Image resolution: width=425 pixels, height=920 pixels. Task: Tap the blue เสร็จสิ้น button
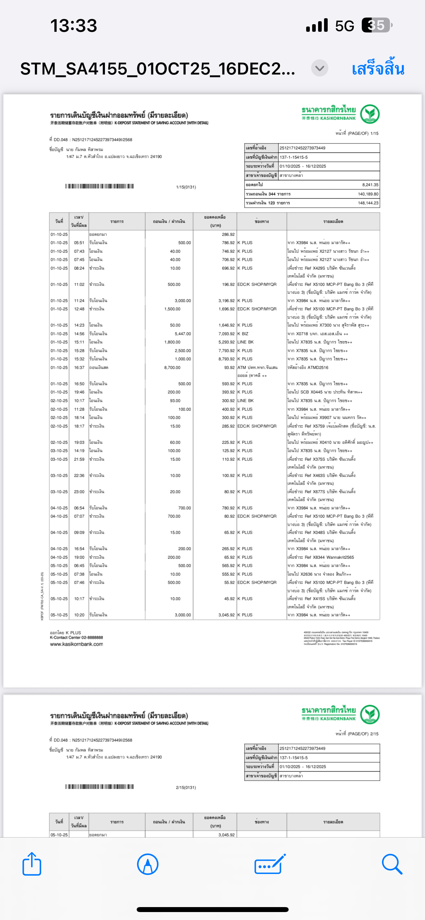[x=378, y=69]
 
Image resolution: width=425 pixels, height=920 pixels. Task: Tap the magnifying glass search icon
[x=392, y=864]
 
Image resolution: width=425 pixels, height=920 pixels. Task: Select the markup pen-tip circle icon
[x=147, y=864]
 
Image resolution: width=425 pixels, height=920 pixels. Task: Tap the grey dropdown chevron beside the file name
[x=319, y=68]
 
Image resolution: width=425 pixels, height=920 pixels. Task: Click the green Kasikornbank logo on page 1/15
[x=369, y=114]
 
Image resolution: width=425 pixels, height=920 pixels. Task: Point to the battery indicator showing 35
[x=376, y=26]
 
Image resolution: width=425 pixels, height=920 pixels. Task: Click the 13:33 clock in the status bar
[x=73, y=26]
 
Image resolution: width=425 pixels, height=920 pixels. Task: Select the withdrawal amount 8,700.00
[x=172, y=368]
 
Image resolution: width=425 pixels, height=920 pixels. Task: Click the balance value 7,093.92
[x=226, y=333]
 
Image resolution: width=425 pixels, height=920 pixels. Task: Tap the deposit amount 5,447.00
[x=183, y=333]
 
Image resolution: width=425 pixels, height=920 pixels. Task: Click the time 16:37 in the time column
[x=79, y=368]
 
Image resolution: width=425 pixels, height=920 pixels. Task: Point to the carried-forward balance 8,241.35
[x=370, y=185]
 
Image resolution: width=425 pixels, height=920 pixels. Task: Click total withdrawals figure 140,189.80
[x=368, y=194]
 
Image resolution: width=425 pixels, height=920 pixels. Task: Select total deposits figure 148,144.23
[x=368, y=203]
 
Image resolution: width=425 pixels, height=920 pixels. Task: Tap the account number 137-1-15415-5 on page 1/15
[x=293, y=157]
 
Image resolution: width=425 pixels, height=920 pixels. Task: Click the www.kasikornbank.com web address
[x=76, y=644]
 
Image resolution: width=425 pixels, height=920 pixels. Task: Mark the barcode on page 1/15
[x=100, y=186]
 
